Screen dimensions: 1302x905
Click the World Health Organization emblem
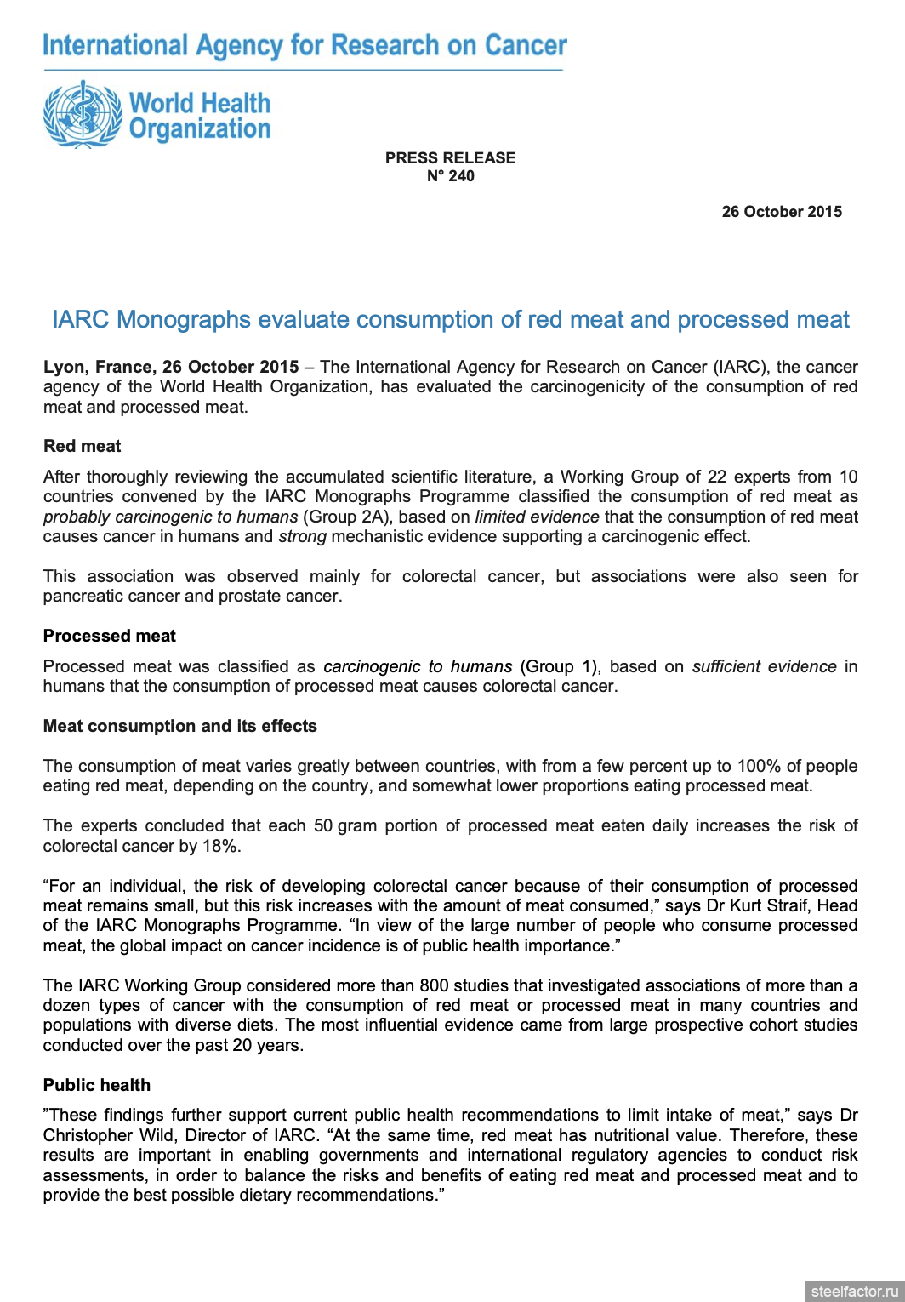pos(83,115)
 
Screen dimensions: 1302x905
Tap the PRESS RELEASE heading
pos(450,158)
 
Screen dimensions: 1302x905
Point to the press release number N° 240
pos(450,176)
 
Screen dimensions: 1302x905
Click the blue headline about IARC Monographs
pos(451,320)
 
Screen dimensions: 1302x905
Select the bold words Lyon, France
pos(99,367)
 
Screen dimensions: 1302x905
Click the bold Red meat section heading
pos(83,446)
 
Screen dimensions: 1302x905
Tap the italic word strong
pos(302,537)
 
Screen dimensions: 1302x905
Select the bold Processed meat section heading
pos(110,636)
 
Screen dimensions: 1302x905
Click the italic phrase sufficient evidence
pos(764,666)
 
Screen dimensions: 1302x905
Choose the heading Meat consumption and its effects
pos(180,726)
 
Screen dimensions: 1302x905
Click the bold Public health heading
pos(97,1085)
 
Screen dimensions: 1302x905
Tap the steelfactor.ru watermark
pos(854,1291)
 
